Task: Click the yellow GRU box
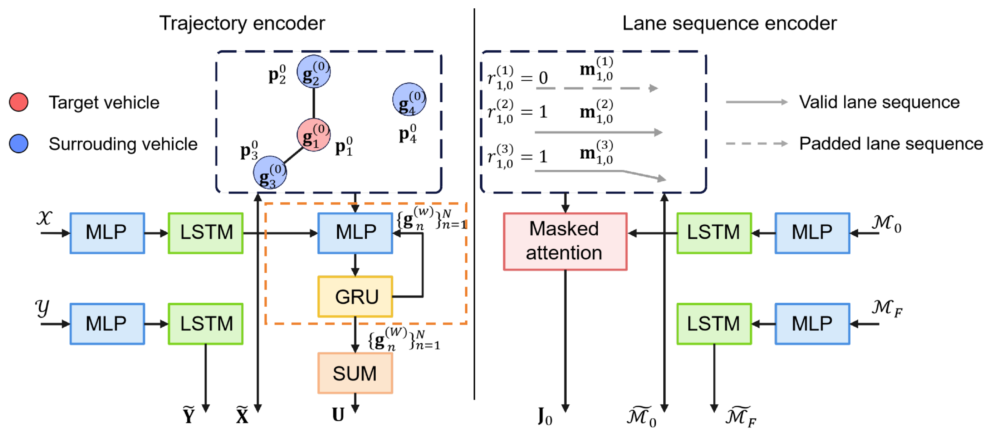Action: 355,296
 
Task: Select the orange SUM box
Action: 355,373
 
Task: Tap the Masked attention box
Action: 565,241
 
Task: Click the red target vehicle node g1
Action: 314,135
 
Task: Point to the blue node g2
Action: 313,71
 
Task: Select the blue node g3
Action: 270,173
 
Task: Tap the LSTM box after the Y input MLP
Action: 206,323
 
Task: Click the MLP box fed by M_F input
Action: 812,323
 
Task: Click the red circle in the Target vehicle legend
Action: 18,102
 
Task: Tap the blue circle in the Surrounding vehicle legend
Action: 18,144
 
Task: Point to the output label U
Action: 338,415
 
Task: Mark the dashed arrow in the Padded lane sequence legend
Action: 756,144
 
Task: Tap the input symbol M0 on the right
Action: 886,224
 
